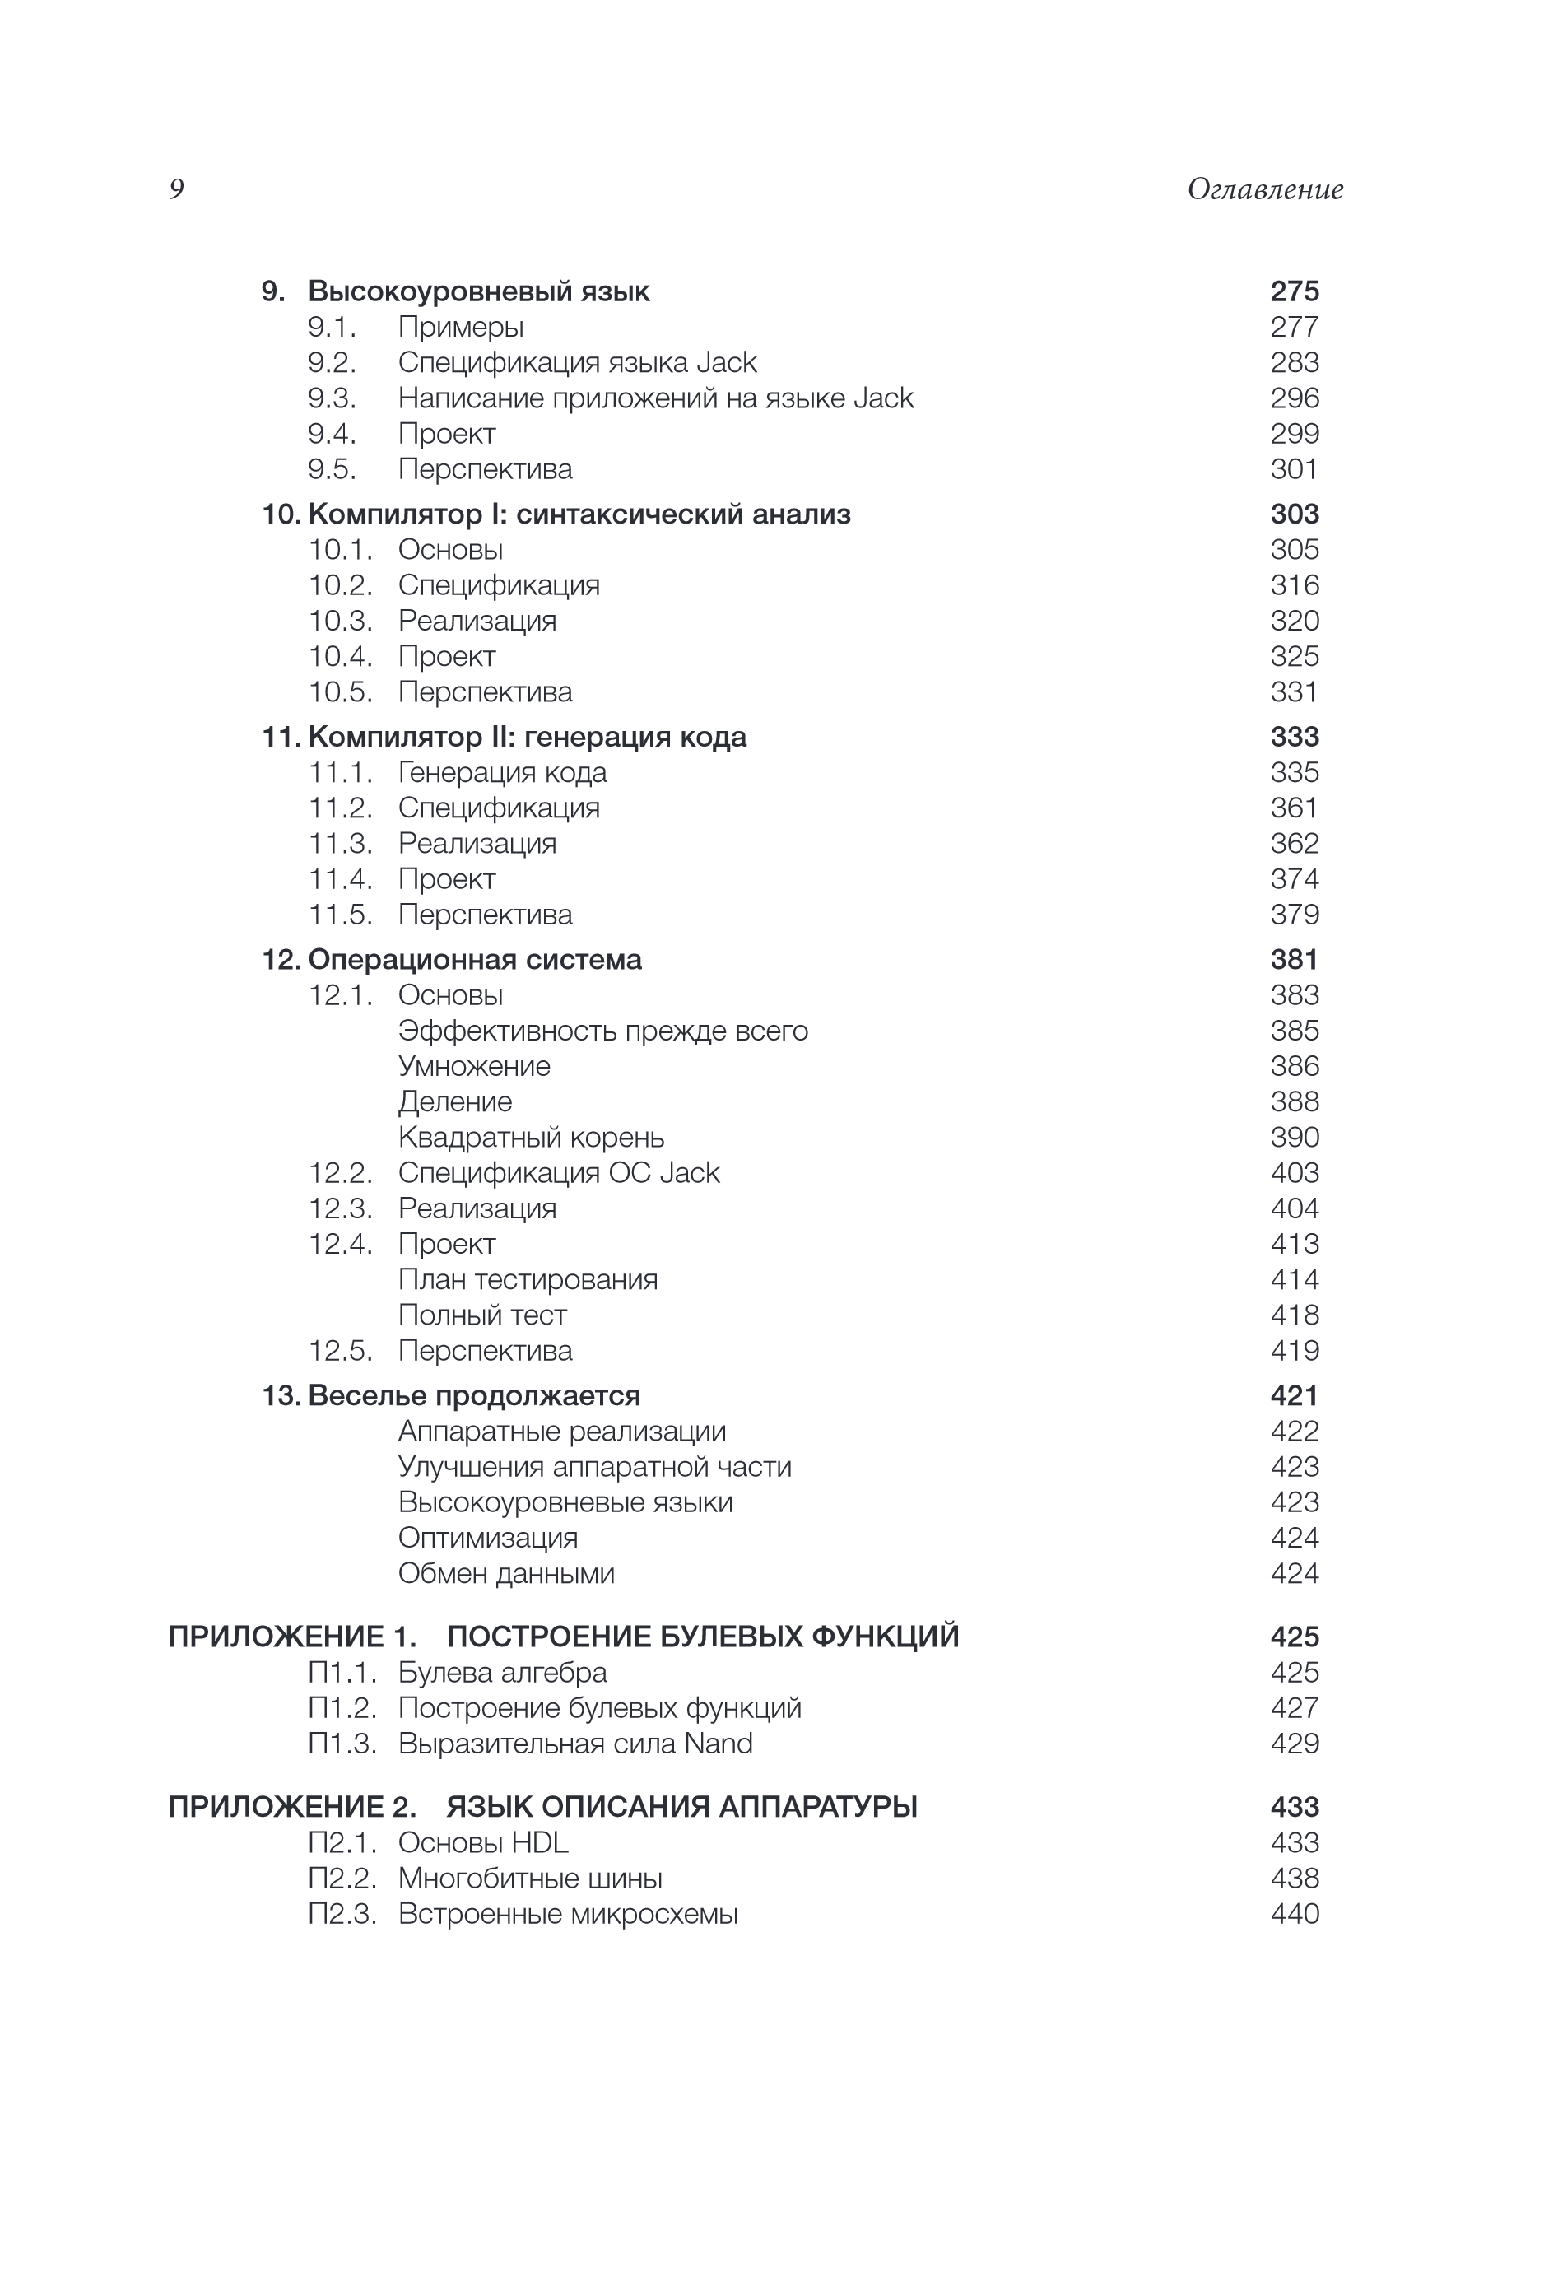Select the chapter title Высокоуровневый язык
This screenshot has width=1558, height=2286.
(478, 291)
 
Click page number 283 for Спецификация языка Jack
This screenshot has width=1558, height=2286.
(1294, 362)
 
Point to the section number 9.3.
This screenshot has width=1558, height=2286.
(332, 398)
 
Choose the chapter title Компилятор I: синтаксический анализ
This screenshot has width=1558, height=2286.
(579, 514)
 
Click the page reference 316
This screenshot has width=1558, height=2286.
(1294, 584)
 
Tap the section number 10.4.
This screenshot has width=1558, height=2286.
(340, 656)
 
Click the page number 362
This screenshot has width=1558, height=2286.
(1294, 843)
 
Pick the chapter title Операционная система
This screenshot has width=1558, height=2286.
(474, 959)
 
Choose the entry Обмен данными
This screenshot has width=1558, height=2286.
(505, 1573)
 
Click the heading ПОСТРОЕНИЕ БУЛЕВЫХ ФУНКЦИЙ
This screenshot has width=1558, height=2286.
(702, 1637)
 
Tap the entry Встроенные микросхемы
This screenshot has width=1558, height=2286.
(568, 1913)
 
